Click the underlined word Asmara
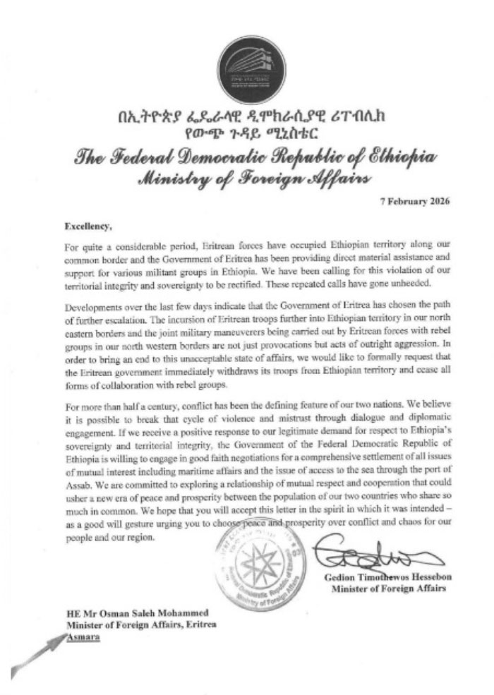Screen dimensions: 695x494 [83, 636]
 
